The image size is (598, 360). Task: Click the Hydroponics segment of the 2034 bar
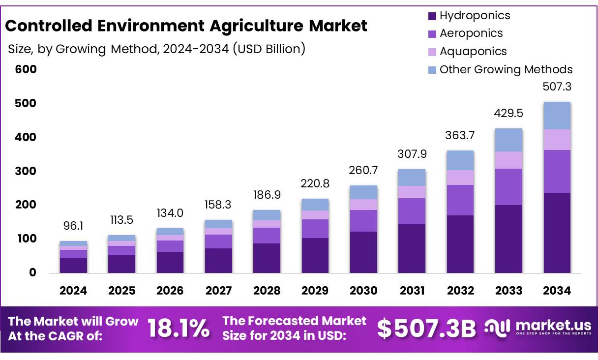pos(557,233)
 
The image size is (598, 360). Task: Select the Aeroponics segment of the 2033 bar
pos(508,187)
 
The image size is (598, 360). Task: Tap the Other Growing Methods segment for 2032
pos(460,160)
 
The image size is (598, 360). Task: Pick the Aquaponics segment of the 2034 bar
pos(557,140)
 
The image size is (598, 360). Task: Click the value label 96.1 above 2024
pos(73,226)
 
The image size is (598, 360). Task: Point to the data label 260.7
pos(363,170)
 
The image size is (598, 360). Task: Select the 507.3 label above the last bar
pos(557,87)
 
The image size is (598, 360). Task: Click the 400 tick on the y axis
pos(26,137)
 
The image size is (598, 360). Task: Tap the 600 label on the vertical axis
pos(26,69)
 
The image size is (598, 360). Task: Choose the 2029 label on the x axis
pos(315,291)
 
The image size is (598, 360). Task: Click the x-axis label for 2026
pos(170,291)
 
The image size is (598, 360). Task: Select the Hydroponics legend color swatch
pos(432,16)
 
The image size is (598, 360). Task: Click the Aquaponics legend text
pos(473,51)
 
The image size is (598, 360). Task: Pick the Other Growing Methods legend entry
pos(506,69)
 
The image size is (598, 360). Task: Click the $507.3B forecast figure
pos(426,329)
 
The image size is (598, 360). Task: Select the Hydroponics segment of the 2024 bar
pos(73,265)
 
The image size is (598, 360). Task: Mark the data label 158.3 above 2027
pos(218,204)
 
